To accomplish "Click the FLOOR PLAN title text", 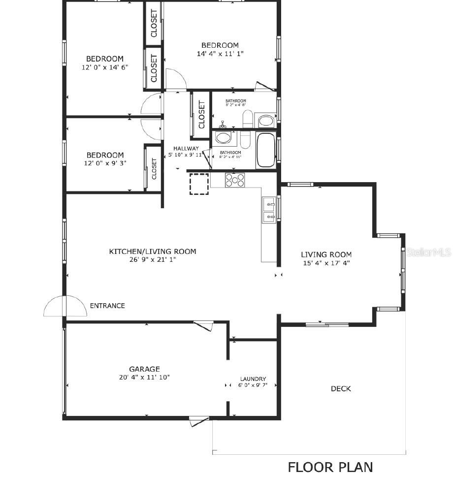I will [x=330, y=467].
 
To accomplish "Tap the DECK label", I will [x=341, y=389].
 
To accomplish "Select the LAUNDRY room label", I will [x=253, y=379].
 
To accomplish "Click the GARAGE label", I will [x=144, y=369].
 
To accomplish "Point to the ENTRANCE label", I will [x=107, y=306].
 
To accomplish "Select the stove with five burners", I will [x=235, y=180].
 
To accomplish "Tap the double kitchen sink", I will [x=269, y=210].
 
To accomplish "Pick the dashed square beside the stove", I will [x=199, y=184].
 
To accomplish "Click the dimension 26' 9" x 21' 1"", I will [x=152, y=259].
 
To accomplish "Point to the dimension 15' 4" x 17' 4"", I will [x=326, y=263].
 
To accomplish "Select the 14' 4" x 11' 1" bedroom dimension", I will [x=220, y=54].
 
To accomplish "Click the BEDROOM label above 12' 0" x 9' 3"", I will [x=105, y=155].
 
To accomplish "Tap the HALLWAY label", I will [x=186, y=148].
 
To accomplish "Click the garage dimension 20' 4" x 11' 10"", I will [x=144, y=378].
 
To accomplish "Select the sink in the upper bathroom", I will [x=267, y=121].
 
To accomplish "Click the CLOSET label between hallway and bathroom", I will [x=201, y=114].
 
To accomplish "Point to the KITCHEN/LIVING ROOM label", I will [x=152, y=252].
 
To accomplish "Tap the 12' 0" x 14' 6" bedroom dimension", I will [x=105, y=67].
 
